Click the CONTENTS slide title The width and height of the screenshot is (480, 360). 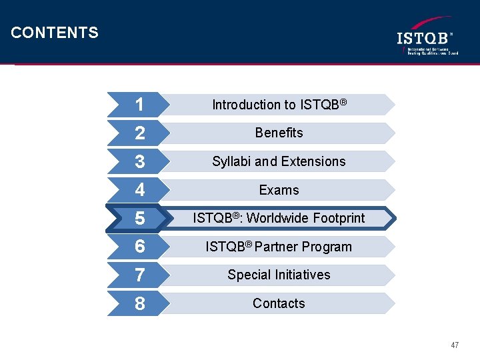pyautogui.click(x=55, y=33)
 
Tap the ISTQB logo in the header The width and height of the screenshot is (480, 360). pyautogui.click(x=427, y=38)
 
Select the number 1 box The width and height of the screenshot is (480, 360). pyautogui.click(x=139, y=105)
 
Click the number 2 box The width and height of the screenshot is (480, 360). pyautogui.click(x=139, y=133)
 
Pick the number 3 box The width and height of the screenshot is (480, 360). pyautogui.click(x=139, y=161)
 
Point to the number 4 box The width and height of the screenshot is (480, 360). pyautogui.click(x=139, y=190)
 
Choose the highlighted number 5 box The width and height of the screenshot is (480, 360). pyautogui.click(x=139, y=219)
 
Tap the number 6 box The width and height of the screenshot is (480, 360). pyautogui.click(x=139, y=247)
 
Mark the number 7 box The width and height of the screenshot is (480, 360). pyautogui.click(x=139, y=275)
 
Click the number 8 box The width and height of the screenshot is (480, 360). pyautogui.click(x=139, y=304)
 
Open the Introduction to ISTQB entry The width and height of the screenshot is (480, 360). pyautogui.click(x=279, y=105)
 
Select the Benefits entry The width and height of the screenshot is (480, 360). pyautogui.click(x=279, y=133)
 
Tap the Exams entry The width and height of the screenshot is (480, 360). pyautogui.click(x=279, y=190)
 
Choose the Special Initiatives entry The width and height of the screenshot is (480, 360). pyautogui.click(x=279, y=275)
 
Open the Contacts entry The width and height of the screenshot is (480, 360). pyautogui.click(x=279, y=303)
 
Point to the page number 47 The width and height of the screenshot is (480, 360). pyautogui.click(x=455, y=345)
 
